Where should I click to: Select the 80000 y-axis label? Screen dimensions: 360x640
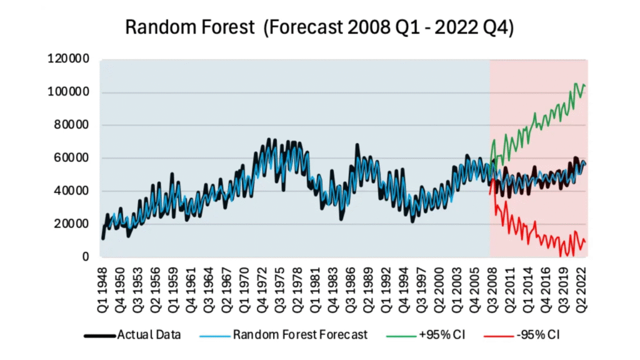point(71,126)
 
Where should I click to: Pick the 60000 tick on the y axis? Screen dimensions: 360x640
point(71,158)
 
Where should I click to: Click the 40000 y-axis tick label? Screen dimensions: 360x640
point(71,191)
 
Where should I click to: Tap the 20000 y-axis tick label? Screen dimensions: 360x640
point(71,224)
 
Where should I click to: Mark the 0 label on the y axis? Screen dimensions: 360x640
point(86,257)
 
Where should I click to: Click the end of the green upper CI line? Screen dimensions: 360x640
point(585,86)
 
